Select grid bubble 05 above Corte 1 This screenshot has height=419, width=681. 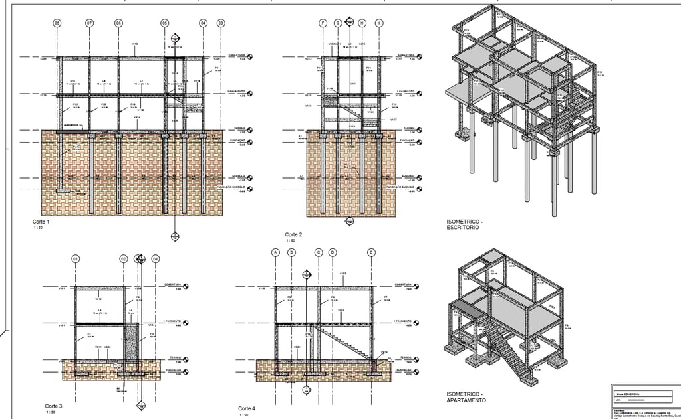[x=164, y=23]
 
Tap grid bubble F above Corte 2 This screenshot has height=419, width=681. [x=323, y=23]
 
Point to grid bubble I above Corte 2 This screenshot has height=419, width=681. [x=378, y=23]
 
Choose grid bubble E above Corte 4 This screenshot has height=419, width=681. [x=371, y=252]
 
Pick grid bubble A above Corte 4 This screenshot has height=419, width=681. [x=275, y=252]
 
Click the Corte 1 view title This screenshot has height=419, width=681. [x=41, y=222]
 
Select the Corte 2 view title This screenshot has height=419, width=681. [x=294, y=235]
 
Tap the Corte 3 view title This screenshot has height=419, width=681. [x=53, y=406]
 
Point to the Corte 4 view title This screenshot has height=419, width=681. [x=247, y=408]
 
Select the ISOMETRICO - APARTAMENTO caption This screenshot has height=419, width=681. [x=466, y=397]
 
